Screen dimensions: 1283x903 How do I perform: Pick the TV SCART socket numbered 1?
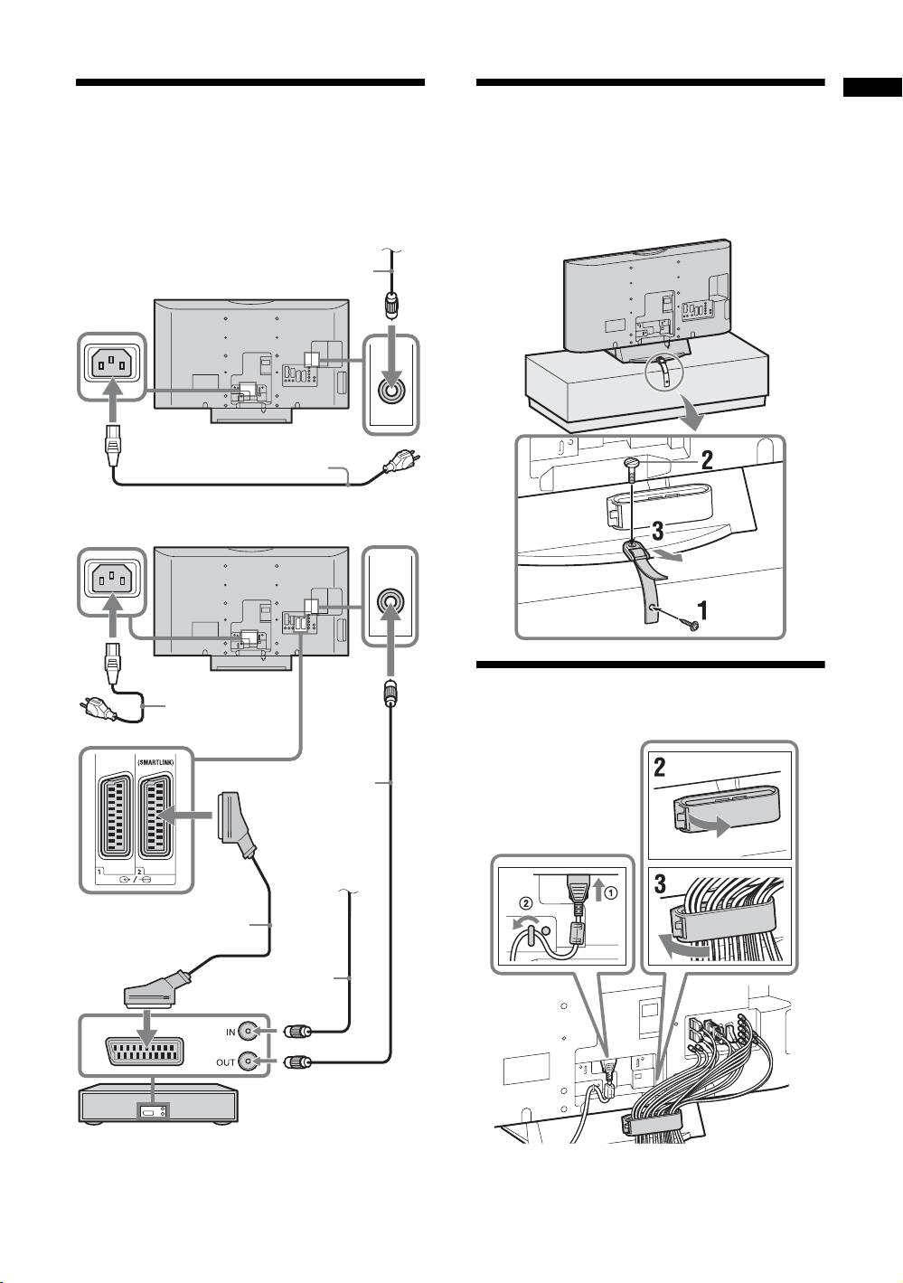pyautogui.click(x=116, y=816)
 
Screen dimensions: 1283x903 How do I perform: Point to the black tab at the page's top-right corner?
pyautogui.click(x=872, y=88)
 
